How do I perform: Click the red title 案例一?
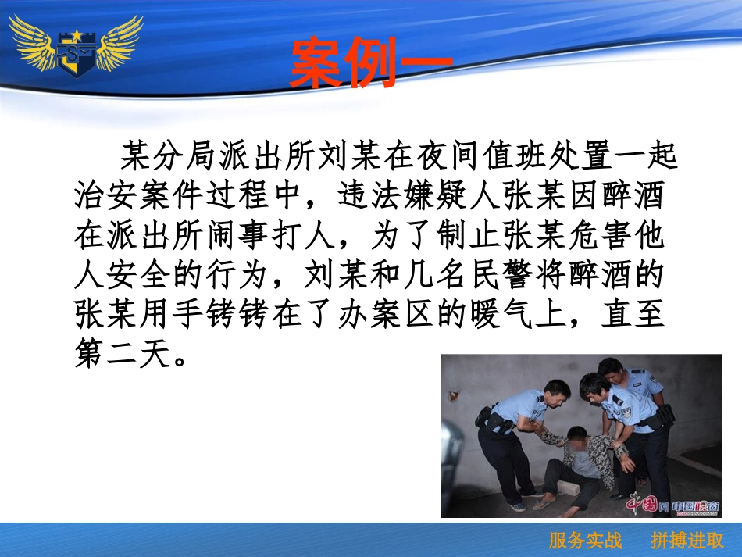(370, 62)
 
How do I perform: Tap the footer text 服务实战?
(586, 541)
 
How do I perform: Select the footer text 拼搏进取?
(687, 541)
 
